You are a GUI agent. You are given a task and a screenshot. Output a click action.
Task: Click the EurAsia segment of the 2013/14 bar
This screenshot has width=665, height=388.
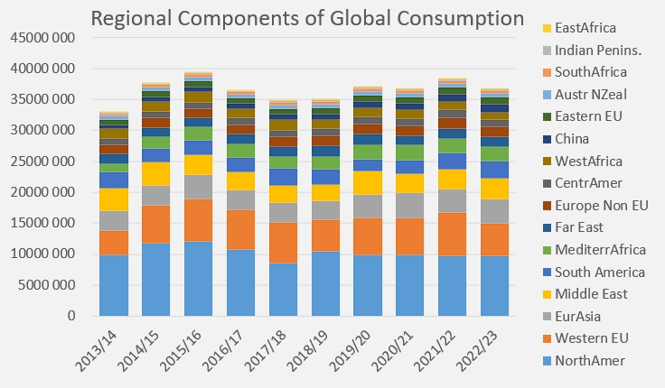tap(113, 220)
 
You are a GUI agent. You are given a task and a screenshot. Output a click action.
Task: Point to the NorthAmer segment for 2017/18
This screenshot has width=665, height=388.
tap(283, 289)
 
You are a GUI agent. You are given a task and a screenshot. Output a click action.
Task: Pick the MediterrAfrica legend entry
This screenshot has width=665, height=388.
tap(604, 250)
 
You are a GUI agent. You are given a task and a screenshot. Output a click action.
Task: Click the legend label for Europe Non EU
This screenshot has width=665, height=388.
tap(602, 206)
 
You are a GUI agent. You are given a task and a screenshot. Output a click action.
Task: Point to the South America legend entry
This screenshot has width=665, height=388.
tap(601, 273)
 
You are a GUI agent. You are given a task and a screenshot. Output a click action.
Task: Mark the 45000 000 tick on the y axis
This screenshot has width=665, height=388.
tap(42, 38)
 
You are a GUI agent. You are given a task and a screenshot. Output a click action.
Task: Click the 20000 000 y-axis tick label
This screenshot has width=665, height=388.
tap(42, 192)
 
